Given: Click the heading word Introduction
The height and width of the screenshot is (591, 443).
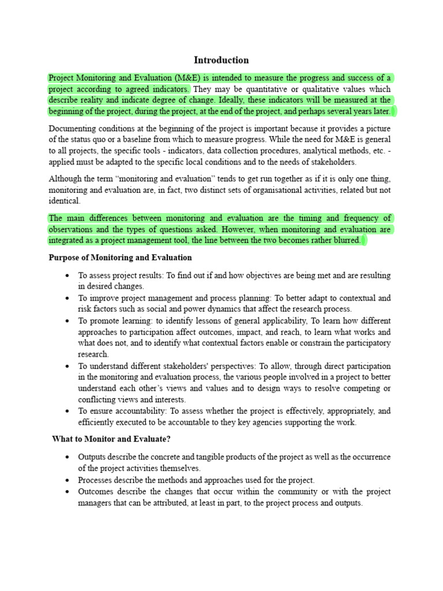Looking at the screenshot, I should tap(221, 60).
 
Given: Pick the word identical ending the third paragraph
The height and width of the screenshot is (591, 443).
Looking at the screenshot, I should tap(65, 201).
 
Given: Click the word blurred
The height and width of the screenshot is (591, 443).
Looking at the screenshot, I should tap(344, 241).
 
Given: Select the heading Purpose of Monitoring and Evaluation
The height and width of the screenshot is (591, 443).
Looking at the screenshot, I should tap(120, 257).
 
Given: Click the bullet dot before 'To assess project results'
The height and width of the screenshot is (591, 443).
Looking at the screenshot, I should tap(68, 276).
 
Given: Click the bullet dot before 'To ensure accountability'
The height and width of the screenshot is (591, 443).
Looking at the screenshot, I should tap(68, 412).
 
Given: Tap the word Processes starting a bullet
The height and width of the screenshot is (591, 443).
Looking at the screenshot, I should tap(97, 480).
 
